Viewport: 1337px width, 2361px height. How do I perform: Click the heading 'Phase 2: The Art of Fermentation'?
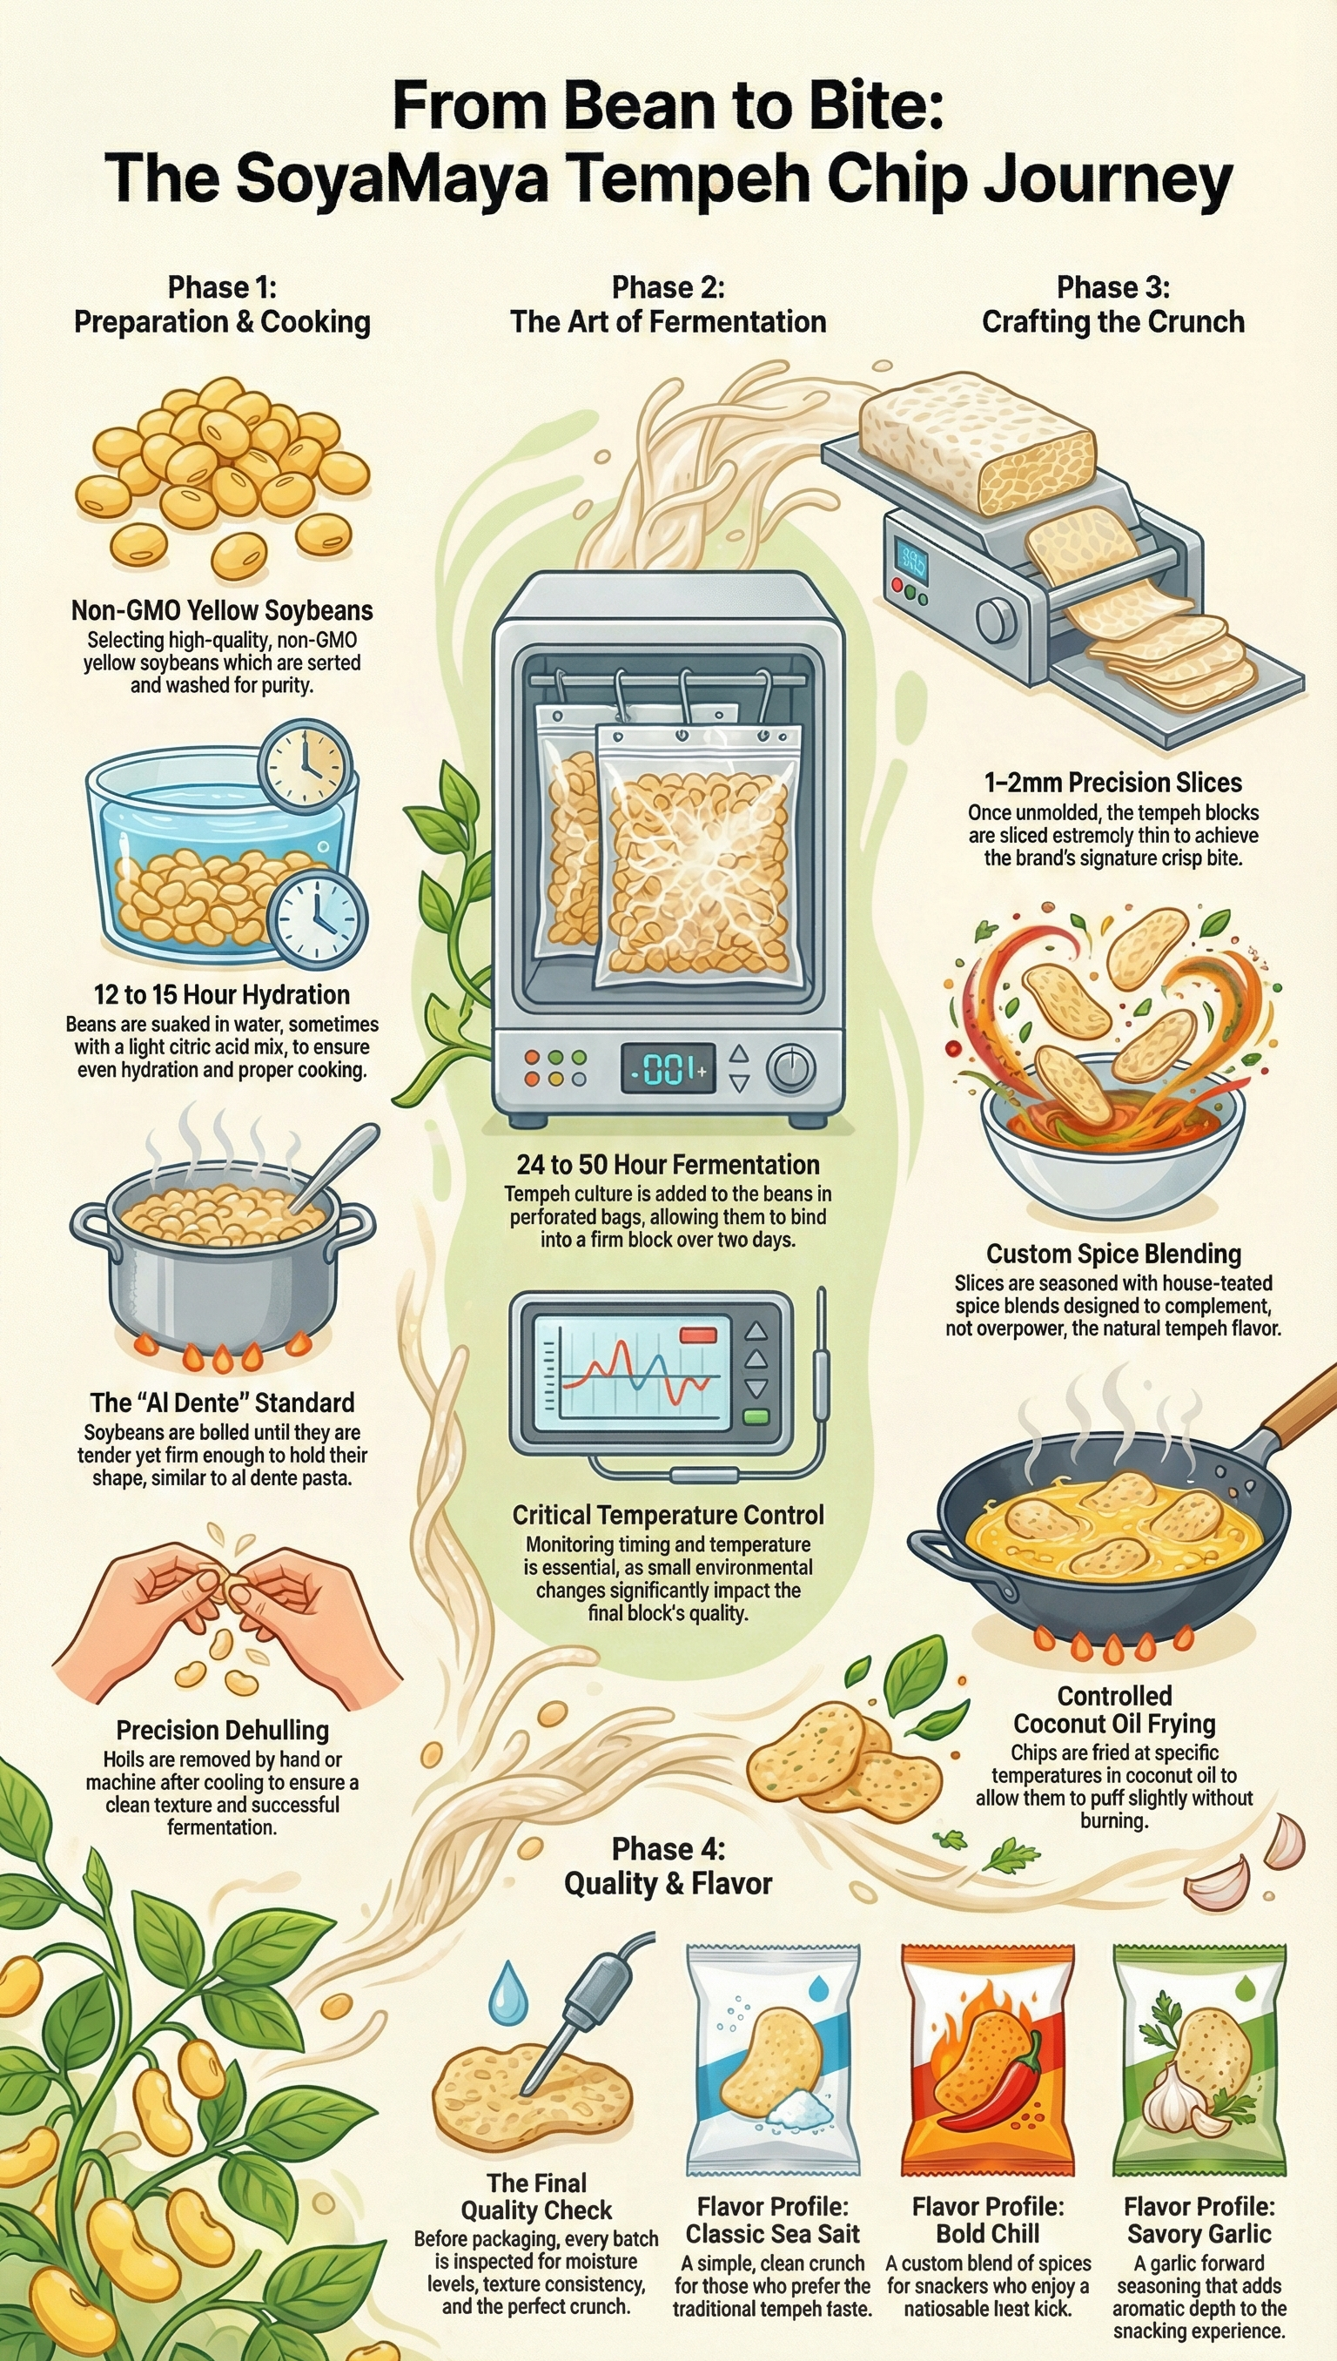(x=668, y=305)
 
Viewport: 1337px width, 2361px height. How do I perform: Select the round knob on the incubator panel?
(x=790, y=1069)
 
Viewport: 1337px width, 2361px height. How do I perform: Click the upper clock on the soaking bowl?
(x=306, y=764)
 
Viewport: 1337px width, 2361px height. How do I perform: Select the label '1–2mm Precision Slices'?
(x=1113, y=783)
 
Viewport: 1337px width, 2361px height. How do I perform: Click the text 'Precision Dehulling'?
(x=222, y=1729)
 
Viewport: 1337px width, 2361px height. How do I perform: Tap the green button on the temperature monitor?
(x=756, y=1416)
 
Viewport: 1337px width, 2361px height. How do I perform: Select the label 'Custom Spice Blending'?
(x=1113, y=1254)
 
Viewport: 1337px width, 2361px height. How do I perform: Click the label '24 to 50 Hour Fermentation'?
(x=668, y=1165)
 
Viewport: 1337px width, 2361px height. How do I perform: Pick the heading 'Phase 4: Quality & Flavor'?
(x=668, y=1866)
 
